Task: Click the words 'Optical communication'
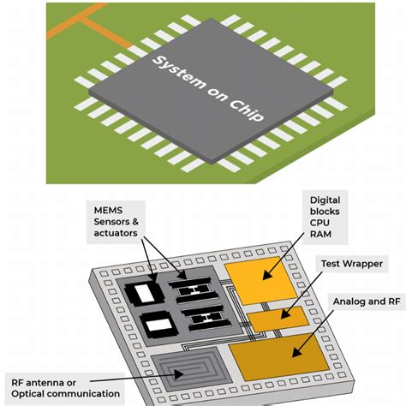pos(63,394)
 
